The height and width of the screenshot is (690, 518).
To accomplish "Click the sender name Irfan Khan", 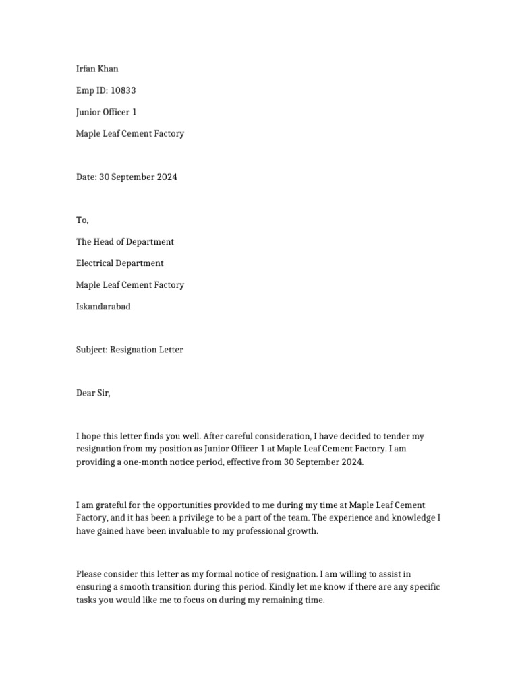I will coord(97,69).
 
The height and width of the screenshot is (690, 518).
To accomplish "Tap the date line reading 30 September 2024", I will coord(126,177).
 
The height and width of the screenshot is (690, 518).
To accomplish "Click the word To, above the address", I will coord(82,220).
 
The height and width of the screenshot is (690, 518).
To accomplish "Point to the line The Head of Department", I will coord(125,241).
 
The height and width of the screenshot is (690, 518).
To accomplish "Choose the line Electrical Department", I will coord(119,263).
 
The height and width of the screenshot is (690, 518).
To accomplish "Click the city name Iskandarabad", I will coord(103,306).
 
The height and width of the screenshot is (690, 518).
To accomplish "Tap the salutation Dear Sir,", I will coord(93,393).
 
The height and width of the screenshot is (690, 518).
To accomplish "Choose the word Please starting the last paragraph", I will coord(90,574).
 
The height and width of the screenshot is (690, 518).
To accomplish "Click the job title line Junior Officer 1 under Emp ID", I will coord(107,112).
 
